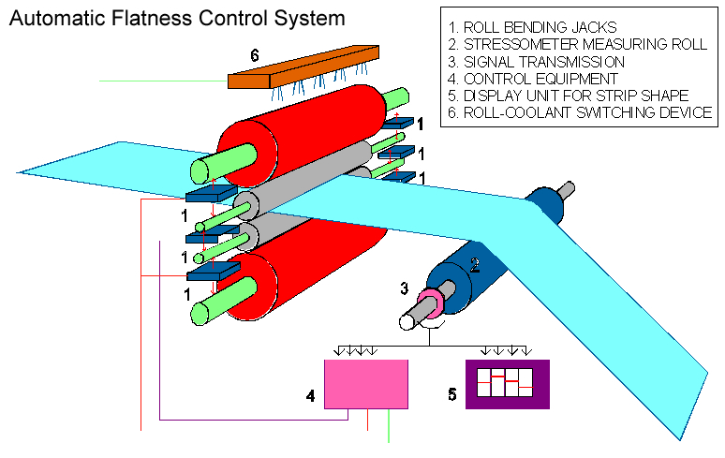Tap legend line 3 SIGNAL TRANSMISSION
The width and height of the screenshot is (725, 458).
[538, 61]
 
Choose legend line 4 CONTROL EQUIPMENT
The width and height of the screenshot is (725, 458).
[535, 78]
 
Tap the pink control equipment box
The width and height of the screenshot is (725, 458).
[365, 384]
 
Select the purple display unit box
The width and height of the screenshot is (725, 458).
[507, 384]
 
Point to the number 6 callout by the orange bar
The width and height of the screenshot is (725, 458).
[254, 55]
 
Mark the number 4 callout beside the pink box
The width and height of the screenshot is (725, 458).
[309, 395]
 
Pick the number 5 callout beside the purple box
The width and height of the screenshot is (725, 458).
[451, 395]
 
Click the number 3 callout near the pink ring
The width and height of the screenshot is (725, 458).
[404, 288]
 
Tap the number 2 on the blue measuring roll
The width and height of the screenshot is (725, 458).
[474, 265]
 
